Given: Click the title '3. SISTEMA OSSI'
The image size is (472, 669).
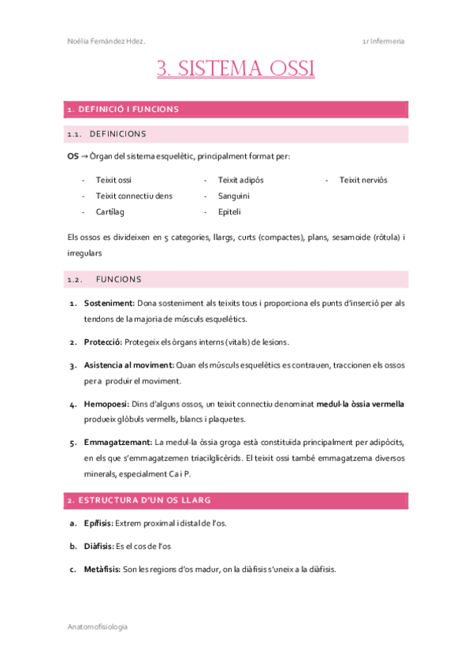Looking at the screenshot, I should coord(236,69).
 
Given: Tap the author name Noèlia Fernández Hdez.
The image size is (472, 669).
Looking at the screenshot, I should coord(106,41).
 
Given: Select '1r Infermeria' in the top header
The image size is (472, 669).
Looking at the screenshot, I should coord(383,41).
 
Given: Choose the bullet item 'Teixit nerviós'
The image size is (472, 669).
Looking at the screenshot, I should coord(362,180).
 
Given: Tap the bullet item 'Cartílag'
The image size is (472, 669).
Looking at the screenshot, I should coord(110,211).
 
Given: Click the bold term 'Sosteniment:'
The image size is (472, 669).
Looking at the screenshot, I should coord(110,303).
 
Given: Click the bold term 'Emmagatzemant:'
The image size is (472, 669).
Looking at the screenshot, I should coord(118,442).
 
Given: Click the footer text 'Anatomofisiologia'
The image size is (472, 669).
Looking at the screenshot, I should coord(97,626).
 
